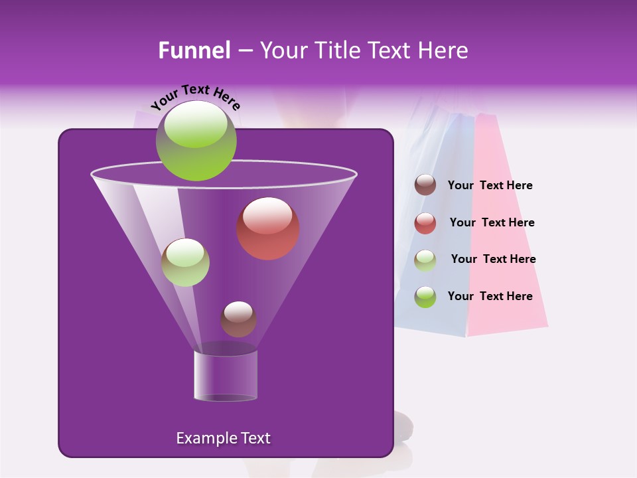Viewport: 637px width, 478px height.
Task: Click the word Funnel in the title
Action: pos(194,50)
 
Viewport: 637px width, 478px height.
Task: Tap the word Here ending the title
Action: pos(443,50)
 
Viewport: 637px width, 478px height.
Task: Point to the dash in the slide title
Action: pos(244,50)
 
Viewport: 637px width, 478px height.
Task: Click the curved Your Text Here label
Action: pos(195,97)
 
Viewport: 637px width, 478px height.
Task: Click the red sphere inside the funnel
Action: pos(268,228)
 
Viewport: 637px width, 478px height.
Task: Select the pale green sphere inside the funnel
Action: pos(185,262)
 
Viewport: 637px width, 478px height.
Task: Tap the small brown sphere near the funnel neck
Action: pos(238,319)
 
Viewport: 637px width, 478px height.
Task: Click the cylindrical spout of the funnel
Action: pos(226,376)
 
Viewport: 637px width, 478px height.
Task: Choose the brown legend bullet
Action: pos(425,185)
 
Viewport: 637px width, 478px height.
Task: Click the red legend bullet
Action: pos(425,223)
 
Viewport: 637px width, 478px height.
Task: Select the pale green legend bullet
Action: pos(425,260)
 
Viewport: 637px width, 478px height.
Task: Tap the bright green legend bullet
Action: pos(425,297)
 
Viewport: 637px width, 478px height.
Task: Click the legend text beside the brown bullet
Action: pos(490,185)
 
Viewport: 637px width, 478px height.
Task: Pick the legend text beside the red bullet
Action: pos(492,222)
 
